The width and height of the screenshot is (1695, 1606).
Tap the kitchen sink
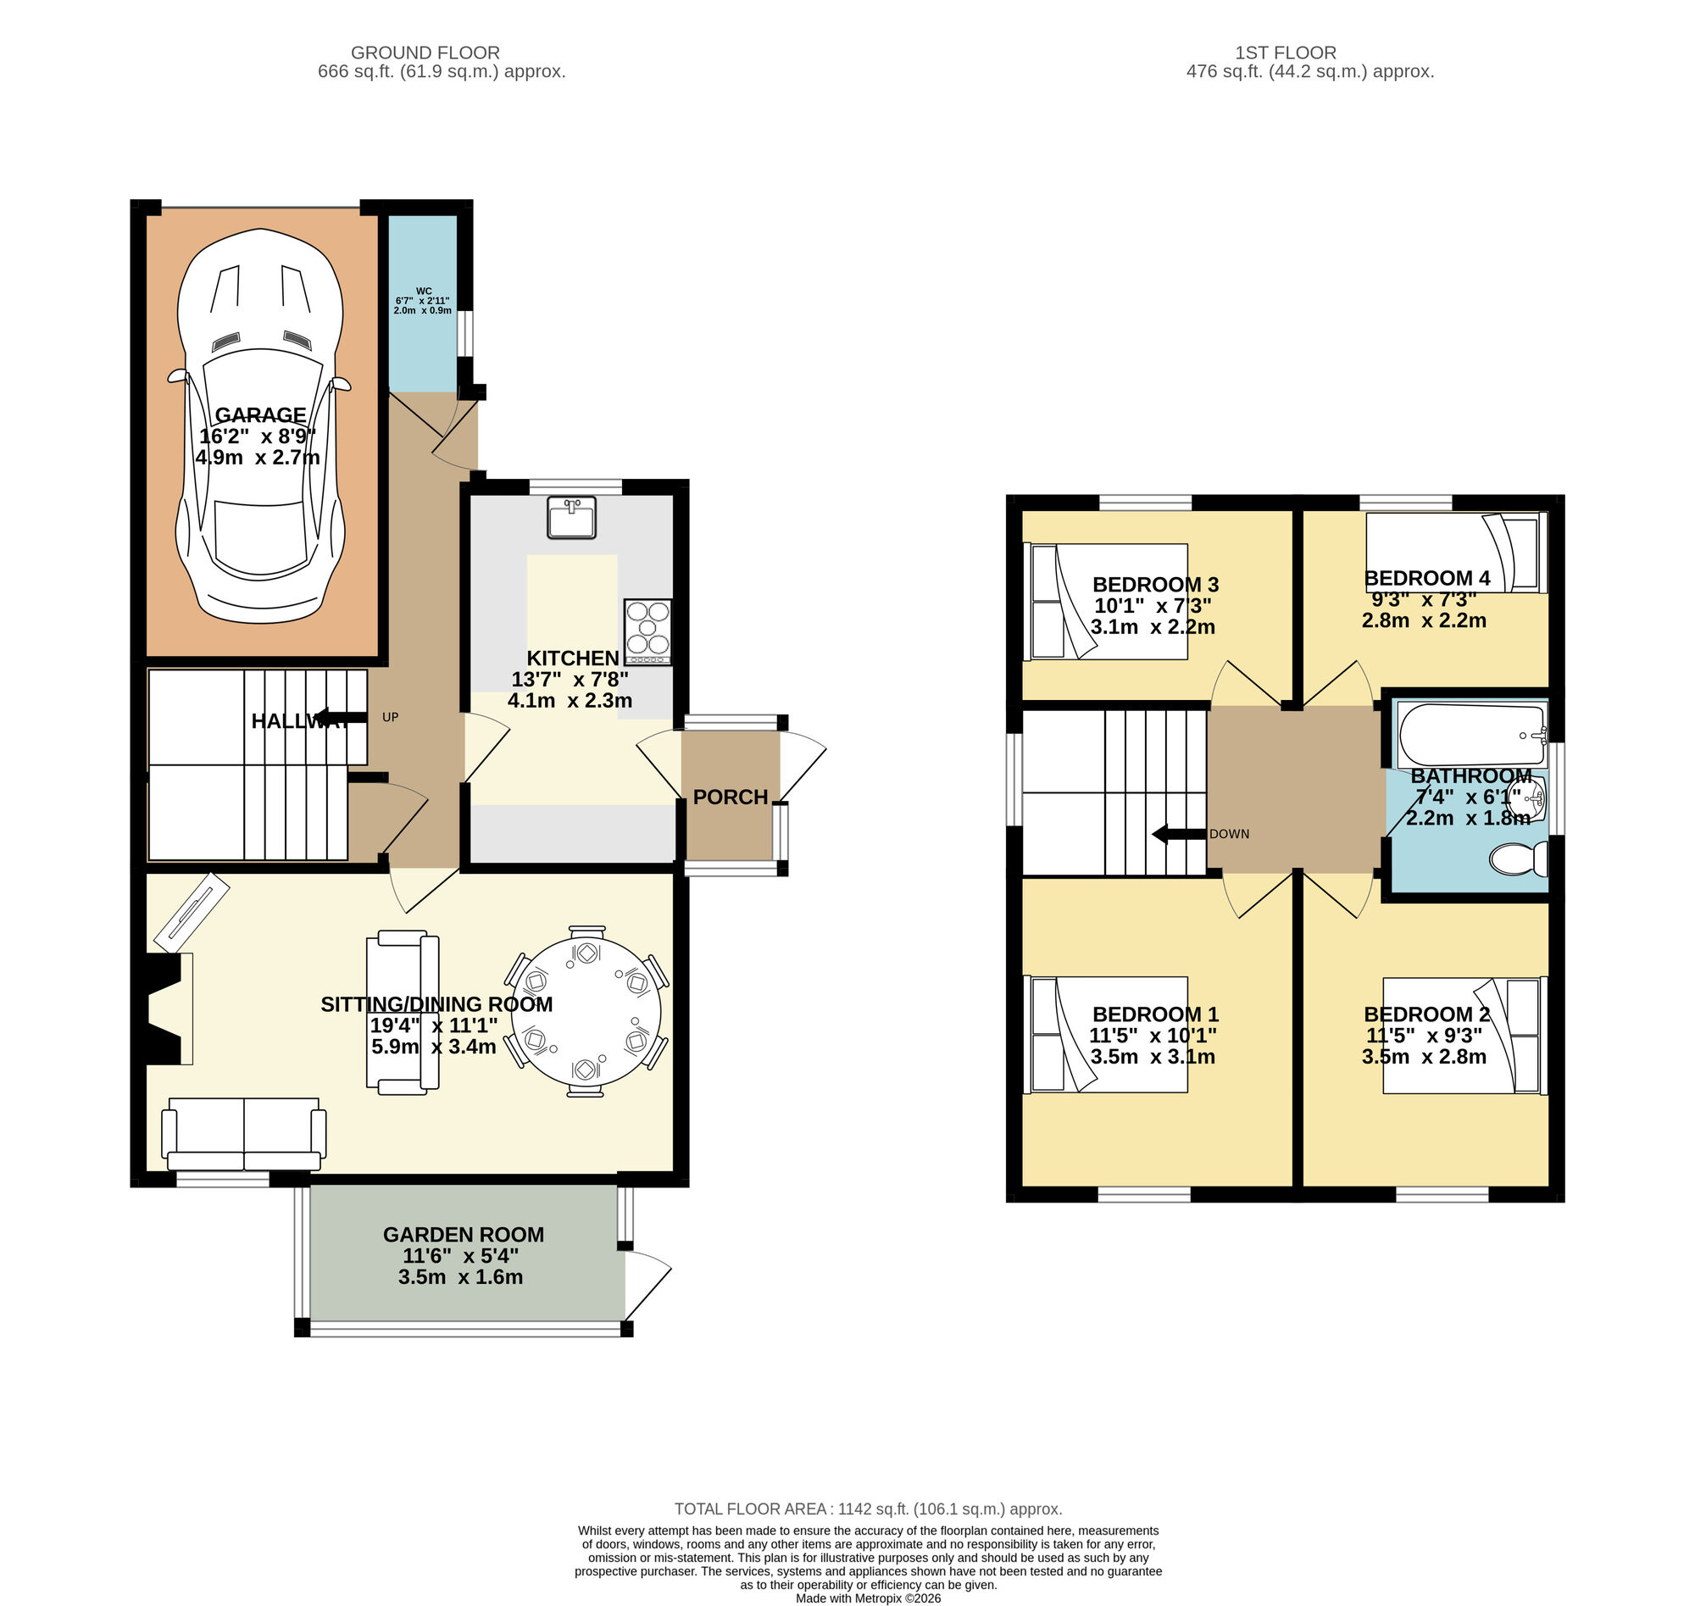[571, 517]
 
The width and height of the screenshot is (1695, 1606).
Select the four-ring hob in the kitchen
[648, 631]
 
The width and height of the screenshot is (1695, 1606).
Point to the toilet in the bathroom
[1520, 859]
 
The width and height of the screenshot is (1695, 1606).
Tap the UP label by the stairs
[391, 717]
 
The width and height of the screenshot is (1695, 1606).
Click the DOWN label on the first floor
[1230, 834]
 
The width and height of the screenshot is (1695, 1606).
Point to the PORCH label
[731, 797]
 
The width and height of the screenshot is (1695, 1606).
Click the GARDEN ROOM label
[463, 1235]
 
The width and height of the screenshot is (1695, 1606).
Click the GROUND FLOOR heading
[425, 53]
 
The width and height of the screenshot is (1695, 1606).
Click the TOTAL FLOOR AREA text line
[867, 1509]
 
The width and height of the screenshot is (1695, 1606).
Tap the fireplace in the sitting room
[168, 1009]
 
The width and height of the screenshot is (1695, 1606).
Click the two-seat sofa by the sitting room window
[245, 1135]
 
